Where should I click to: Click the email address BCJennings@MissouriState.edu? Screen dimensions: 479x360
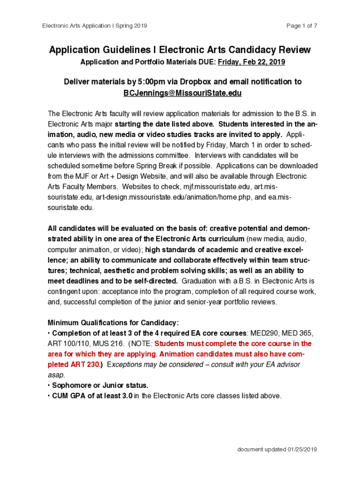coord(182,93)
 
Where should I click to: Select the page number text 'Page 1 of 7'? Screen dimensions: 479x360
coord(302,26)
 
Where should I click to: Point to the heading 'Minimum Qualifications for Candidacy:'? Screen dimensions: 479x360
coord(113,323)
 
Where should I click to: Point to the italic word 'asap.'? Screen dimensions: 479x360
coord(55,375)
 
